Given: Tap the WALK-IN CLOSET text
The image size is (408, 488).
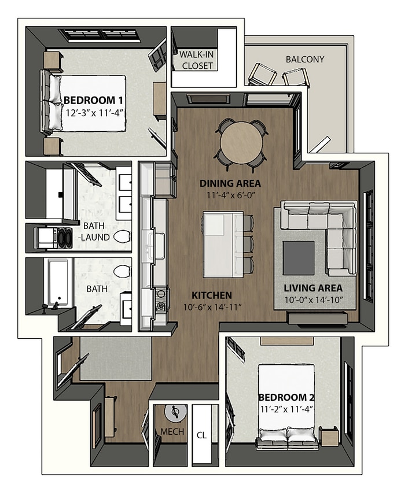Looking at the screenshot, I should (197, 60).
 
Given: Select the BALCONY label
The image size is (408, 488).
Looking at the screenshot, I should (305, 59).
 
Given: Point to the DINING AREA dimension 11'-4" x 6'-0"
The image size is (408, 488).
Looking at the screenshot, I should (230, 195).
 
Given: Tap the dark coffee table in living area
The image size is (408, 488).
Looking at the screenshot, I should (299, 258).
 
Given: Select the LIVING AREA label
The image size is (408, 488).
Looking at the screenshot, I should (313, 287).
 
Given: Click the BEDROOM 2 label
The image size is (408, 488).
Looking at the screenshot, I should (286, 397).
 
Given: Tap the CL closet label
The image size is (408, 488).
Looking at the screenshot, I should (201, 435).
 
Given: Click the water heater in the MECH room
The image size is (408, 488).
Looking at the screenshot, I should (174, 413).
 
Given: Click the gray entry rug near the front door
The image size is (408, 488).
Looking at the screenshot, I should (115, 358).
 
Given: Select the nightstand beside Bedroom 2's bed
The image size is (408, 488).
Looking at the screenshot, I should (329, 435).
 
